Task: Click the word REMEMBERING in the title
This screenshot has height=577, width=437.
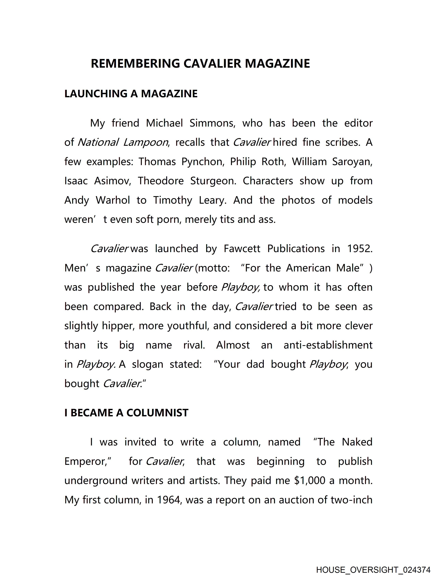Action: pyautogui.click(x=135, y=63)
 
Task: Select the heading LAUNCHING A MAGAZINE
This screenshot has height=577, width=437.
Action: pyautogui.click(x=131, y=94)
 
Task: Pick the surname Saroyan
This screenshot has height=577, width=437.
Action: pyautogui.click(x=352, y=162)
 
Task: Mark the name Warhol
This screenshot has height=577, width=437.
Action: pyautogui.click(x=113, y=200)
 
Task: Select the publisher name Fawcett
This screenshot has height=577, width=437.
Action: pyautogui.click(x=242, y=249)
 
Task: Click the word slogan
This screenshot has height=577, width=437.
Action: pyautogui.click(x=148, y=364)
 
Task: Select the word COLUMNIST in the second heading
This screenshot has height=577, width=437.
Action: pyautogui.click(x=157, y=413)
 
